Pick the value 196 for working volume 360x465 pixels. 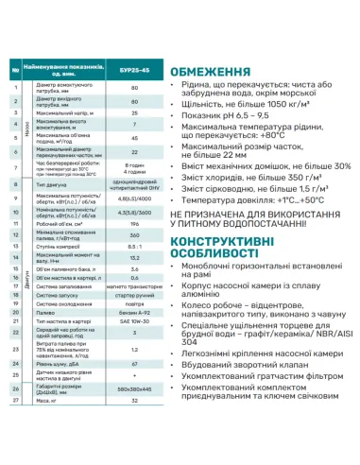coord(134,224)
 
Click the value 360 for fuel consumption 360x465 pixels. coord(134,236)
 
